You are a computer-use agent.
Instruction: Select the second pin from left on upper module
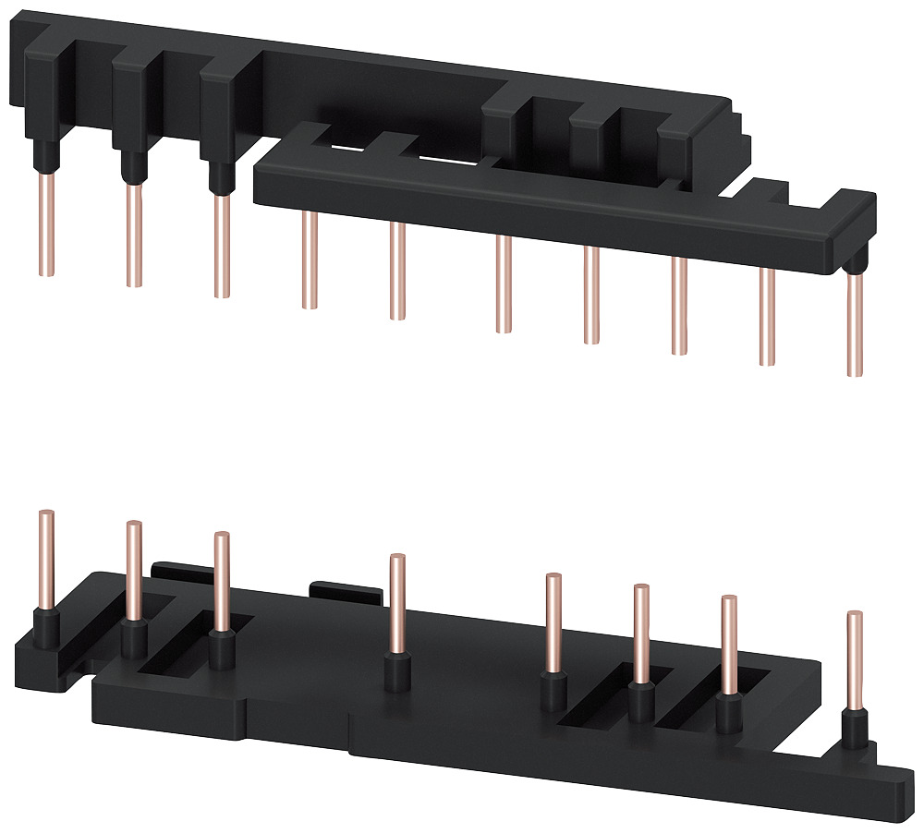[x=134, y=235]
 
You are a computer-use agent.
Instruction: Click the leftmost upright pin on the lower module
[x=44, y=559]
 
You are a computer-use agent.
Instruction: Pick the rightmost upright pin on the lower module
[x=855, y=660]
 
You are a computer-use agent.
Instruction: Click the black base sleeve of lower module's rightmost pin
[x=855, y=730]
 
